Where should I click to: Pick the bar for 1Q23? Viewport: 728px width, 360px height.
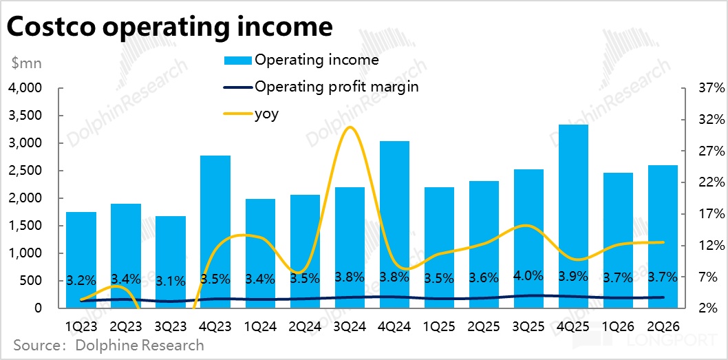81,258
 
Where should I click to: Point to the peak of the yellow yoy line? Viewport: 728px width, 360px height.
350,127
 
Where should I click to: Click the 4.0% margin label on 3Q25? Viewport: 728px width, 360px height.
528,276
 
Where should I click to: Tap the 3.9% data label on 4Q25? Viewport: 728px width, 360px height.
573,277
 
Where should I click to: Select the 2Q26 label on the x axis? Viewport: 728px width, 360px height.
663,324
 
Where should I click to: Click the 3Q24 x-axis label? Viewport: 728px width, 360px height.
350,324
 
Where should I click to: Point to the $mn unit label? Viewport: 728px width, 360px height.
27,63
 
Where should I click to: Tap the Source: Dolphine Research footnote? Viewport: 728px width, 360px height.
108,345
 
